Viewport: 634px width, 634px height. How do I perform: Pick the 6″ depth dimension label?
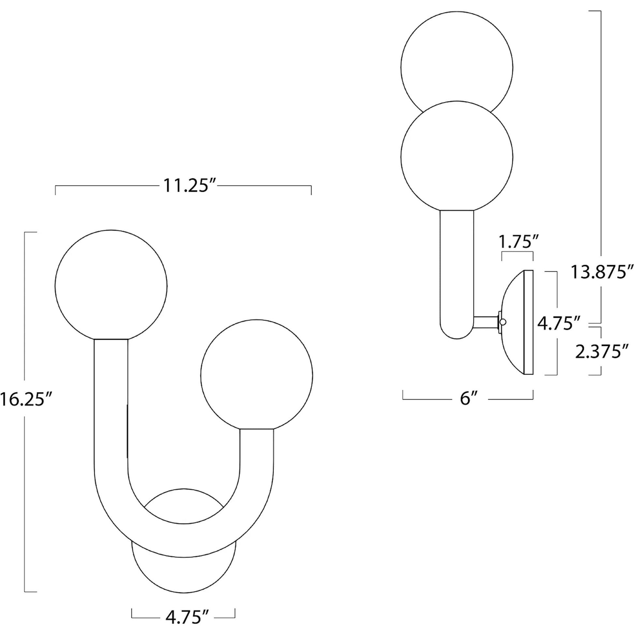(x=468, y=399)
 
